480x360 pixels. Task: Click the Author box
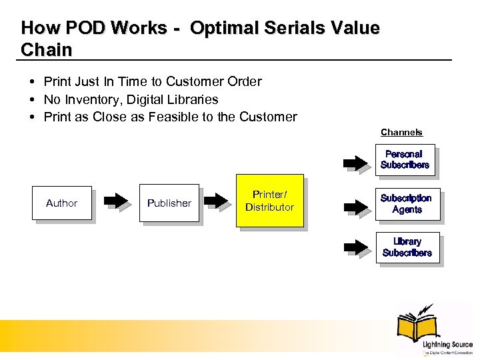tap(62, 203)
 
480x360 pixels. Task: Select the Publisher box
tap(169, 203)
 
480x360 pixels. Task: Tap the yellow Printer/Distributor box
tap(269, 201)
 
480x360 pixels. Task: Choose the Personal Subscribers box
tap(405, 160)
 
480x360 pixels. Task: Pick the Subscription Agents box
tap(406, 203)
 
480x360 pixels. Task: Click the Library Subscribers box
tap(407, 247)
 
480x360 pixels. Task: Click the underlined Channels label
tap(401, 133)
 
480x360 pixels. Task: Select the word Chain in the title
tap(47, 49)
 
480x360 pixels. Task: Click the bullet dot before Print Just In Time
tap(32, 82)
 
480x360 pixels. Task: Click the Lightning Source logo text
tap(447, 345)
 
